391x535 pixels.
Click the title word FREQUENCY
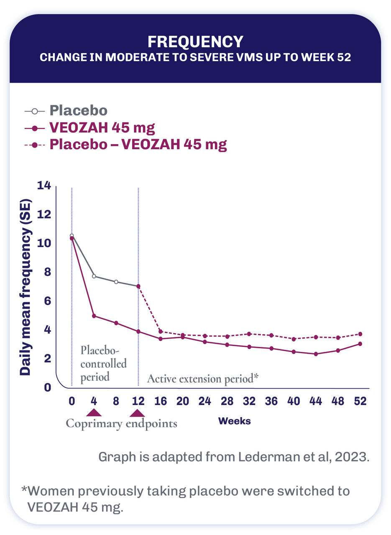click(195, 42)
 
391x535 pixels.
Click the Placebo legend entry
click(78, 111)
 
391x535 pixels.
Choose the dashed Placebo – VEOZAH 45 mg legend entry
click(138, 145)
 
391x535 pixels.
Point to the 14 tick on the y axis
click(44, 185)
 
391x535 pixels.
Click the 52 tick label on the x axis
click(360, 401)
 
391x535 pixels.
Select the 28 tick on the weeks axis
click(227, 401)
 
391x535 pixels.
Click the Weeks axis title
click(234, 421)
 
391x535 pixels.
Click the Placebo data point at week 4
click(94, 276)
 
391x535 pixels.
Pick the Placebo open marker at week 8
click(116, 282)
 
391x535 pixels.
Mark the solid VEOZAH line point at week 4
click(94, 316)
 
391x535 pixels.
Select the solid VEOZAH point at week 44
click(316, 354)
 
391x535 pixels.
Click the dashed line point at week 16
click(161, 331)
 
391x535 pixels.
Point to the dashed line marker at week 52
click(360, 334)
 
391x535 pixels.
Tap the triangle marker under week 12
click(138, 413)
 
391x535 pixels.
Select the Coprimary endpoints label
click(122, 423)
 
